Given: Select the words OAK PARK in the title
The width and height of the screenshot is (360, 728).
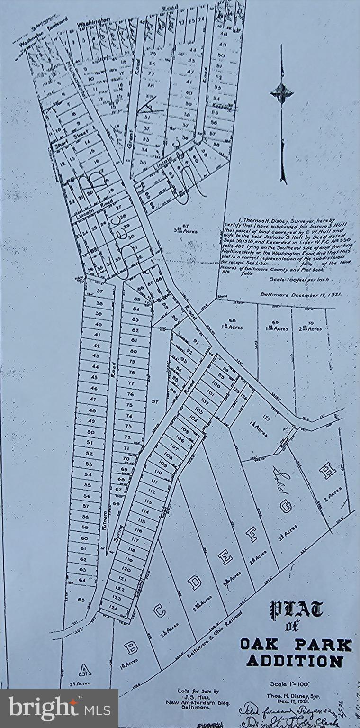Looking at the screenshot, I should click(296, 645).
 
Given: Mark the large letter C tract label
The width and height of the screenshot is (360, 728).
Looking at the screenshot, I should click(160, 611).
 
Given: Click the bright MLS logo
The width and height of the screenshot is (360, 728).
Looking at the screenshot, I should click(59, 709).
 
